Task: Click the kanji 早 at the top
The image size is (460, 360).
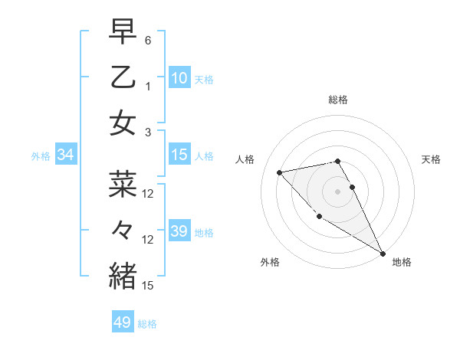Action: [x=123, y=32]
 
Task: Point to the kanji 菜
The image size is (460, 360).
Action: [x=123, y=185]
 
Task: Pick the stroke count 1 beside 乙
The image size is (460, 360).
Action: [x=148, y=86]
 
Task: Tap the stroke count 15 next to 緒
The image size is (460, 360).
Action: [x=148, y=285]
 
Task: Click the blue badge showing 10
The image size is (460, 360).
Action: [x=179, y=77]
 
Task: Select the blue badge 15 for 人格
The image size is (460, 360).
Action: [x=179, y=155]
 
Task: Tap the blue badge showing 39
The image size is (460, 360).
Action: [x=179, y=231]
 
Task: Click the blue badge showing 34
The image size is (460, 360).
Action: [x=66, y=155]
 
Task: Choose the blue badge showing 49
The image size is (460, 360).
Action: [x=123, y=322]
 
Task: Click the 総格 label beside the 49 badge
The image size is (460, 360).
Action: [x=148, y=324]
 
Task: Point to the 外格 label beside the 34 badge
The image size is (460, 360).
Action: [x=41, y=156]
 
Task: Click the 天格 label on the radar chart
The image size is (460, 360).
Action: [x=431, y=159]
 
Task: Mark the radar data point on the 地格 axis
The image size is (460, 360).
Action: [x=383, y=254]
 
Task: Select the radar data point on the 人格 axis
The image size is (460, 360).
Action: [x=280, y=172]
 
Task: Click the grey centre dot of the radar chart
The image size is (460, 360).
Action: [x=337, y=191]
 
